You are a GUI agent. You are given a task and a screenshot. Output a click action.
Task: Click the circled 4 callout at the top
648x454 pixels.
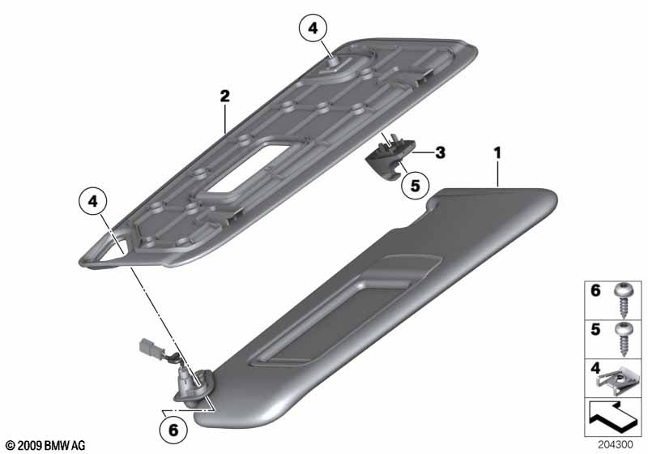coord(313,28)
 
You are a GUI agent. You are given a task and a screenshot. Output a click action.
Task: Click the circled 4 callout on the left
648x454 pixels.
coord(93,202)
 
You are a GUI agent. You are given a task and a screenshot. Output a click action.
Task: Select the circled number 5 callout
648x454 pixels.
coord(415,185)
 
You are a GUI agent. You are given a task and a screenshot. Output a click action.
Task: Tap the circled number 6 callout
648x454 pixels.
coord(173,430)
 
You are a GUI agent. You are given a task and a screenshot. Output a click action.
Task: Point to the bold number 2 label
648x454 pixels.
coord(224,96)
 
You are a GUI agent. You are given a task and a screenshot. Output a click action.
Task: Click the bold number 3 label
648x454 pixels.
coord(441,152)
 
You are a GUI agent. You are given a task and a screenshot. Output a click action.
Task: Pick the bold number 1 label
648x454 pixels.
coord(497,153)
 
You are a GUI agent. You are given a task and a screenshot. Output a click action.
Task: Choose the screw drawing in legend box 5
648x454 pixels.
coord(622,339)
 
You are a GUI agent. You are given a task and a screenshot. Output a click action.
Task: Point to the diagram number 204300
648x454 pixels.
coord(615,445)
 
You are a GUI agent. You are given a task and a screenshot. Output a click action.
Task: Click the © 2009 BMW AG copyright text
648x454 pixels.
coord(46,445)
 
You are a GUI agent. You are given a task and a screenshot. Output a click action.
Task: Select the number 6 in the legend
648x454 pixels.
coord(595,290)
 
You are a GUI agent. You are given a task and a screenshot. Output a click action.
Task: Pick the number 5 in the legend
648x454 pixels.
coord(595,329)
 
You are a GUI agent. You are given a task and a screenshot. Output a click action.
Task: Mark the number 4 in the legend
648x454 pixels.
coord(595,367)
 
